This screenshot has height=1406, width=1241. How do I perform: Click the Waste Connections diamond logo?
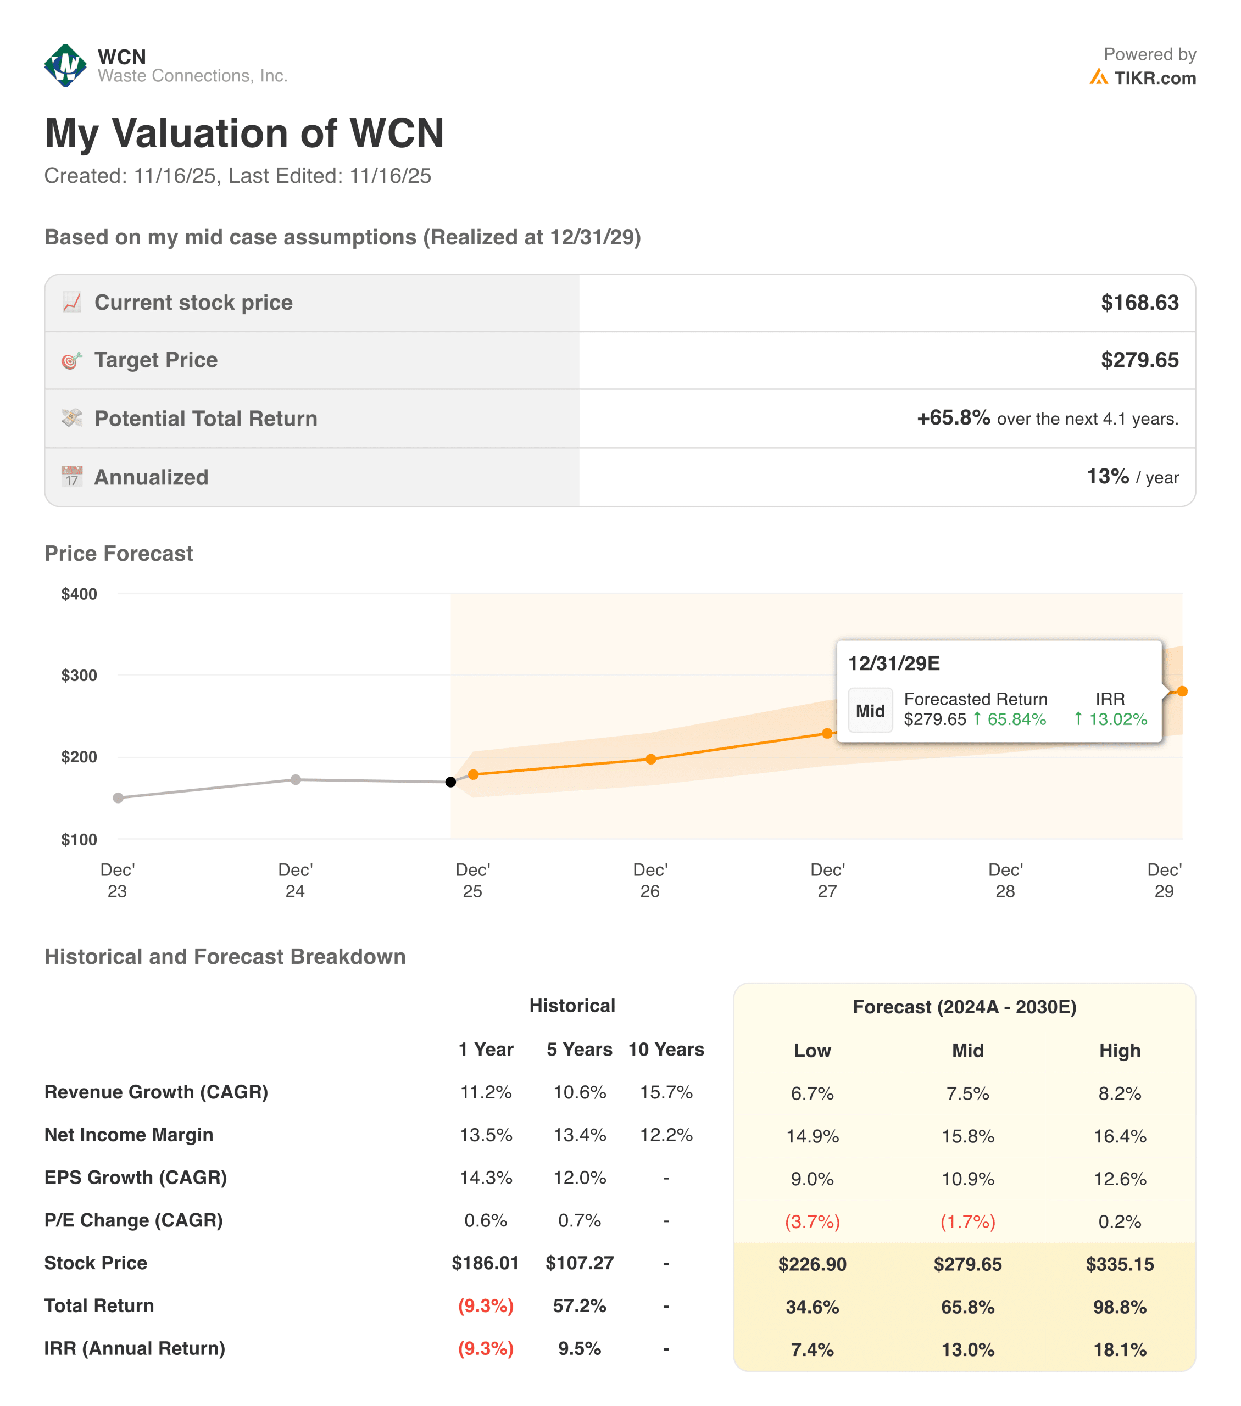(x=65, y=65)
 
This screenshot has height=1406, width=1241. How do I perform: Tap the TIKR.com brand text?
(x=1154, y=79)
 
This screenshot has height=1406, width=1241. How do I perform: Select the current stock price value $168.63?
(x=1139, y=303)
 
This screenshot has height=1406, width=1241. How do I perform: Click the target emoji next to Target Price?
(x=71, y=360)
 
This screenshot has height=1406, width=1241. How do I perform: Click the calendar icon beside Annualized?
(x=71, y=477)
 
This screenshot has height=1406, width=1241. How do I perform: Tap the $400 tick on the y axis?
(x=79, y=594)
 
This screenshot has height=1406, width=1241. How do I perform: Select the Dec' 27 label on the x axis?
(x=827, y=880)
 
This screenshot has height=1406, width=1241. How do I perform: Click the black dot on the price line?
(x=450, y=782)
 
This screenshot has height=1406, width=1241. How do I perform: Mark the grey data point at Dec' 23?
(x=118, y=798)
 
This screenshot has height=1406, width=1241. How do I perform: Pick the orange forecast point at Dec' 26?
(x=651, y=760)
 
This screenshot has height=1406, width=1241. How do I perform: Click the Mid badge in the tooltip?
(x=870, y=711)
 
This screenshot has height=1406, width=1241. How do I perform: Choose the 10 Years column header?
(x=666, y=1050)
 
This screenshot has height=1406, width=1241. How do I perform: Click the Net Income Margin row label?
(x=129, y=1135)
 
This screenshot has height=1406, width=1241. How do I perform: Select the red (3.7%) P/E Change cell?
(x=812, y=1221)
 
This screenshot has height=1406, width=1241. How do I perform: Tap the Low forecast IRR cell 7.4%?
(x=812, y=1349)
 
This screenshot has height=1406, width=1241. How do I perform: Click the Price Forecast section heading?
(x=118, y=554)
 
